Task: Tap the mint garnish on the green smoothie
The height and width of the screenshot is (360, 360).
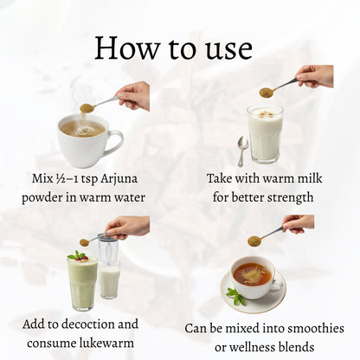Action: click(79, 255)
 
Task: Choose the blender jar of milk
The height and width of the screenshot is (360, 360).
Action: click(108, 272)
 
